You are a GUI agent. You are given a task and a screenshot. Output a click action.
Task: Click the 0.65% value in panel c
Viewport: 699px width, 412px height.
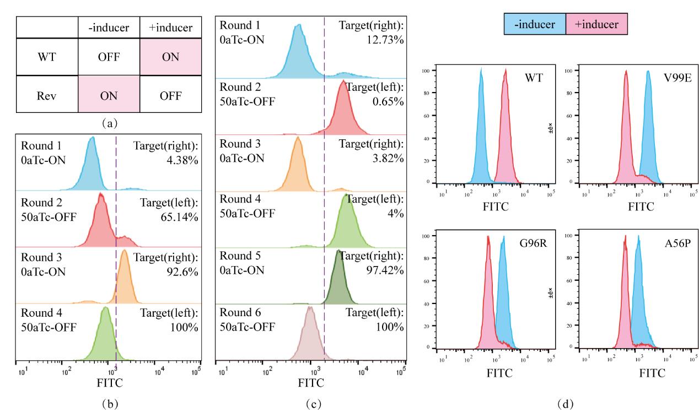coord(388,101)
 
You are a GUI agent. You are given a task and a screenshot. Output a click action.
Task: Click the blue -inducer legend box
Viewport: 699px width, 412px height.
coord(534,25)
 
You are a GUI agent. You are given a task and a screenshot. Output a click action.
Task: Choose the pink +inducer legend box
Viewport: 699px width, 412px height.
coord(596,25)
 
